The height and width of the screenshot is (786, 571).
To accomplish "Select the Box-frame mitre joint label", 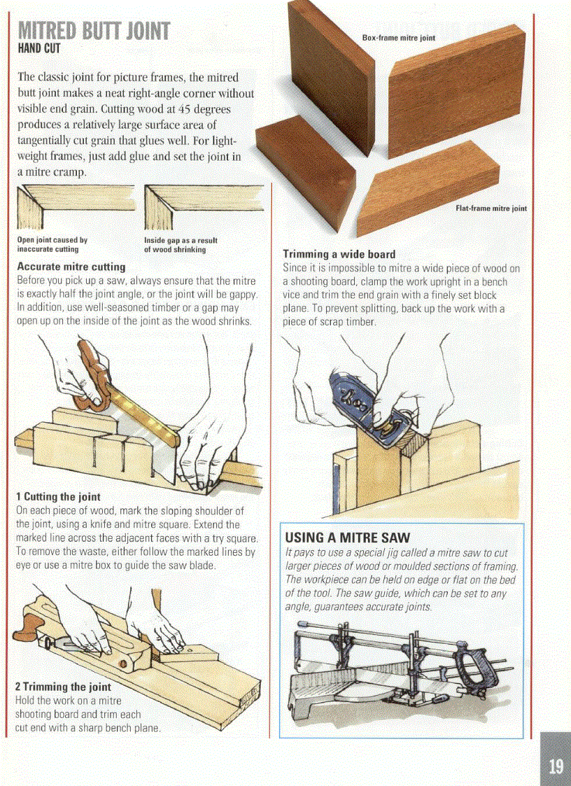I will [x=398, y=38].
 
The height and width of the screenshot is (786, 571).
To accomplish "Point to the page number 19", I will [x=556, y=765].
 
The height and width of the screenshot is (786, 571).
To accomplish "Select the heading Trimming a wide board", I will [x=339, y=254].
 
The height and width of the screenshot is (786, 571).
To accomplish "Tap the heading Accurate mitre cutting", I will [x=71, y=267].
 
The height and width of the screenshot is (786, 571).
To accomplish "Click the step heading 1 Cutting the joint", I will [x=58, y=497].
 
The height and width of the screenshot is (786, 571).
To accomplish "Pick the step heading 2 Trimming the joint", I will [x=63, y=687].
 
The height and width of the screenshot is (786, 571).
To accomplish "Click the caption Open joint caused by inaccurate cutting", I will [x=52, y=244].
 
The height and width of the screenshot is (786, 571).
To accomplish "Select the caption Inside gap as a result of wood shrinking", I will [x=180, y=244].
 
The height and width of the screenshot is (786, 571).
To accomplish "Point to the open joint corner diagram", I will [x=75, y=206].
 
